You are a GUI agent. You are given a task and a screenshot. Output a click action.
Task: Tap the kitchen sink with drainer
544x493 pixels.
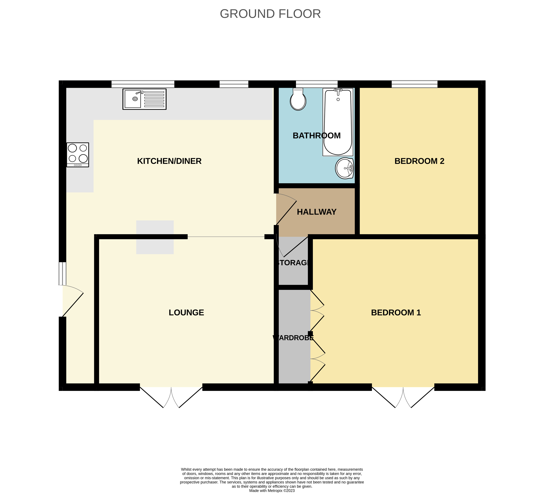tap(144, 99)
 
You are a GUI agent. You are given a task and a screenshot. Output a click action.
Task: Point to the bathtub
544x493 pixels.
tap(338, 122)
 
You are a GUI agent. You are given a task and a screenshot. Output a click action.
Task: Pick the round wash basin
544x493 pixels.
tap(345, 168)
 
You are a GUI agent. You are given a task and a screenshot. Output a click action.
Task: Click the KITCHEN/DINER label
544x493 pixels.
tap(169, 161)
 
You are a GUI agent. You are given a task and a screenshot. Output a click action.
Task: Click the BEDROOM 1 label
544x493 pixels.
tap(396, 312)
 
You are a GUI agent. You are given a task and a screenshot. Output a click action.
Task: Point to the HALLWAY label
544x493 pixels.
tap(317, 212)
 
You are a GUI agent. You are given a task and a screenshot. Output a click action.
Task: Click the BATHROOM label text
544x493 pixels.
tap(317, 135)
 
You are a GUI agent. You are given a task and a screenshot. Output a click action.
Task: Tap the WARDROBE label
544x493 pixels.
tap(293, 338)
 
